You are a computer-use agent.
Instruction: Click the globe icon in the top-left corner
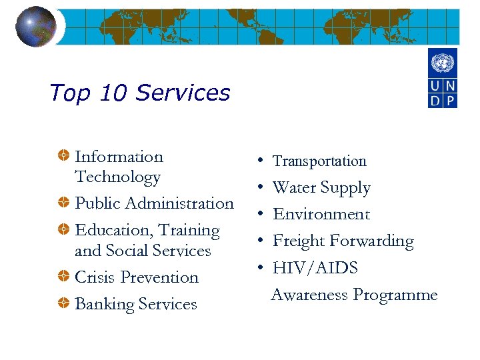(x=35, y=27)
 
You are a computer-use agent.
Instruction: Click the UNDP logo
(x=442, y=79)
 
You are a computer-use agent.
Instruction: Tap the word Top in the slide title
(x=69, y=93)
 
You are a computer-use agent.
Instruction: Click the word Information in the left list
(x=119, y=157)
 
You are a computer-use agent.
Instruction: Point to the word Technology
(x=117, y=177)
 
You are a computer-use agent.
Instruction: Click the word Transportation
(x=319, y=161)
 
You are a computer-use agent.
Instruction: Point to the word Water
(x=294, y=188)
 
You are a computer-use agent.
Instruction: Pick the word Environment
(x=321, y=215)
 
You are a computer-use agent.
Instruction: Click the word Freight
(x=298, y=241)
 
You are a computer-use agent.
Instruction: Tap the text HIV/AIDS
(x=315, y=268)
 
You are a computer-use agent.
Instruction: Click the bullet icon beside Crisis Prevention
(x=62, y=277)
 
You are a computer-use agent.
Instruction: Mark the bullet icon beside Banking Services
(x=62, y=303)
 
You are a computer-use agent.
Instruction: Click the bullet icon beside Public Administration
(x=62, y=203)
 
